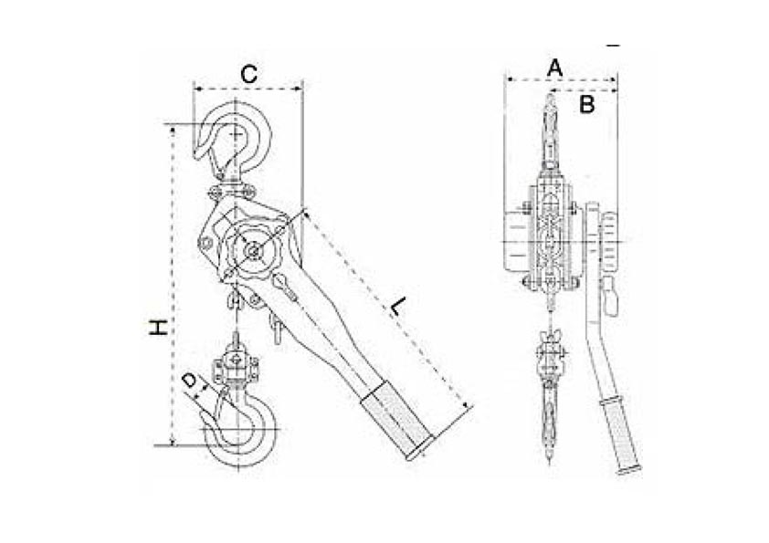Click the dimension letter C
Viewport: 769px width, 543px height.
[248, 75]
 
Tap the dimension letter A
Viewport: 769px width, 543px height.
[554, 68]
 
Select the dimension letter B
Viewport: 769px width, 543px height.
[587, 104]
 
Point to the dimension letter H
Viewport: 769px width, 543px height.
[158, 328]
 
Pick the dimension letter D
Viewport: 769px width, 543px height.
[189, 381]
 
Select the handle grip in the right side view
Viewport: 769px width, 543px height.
[620, 436]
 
